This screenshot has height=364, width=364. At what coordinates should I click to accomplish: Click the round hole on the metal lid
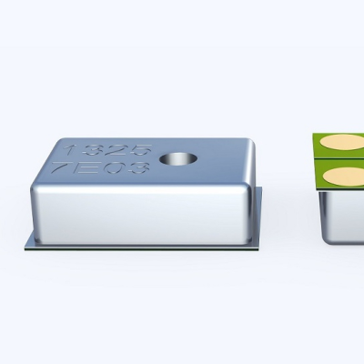pos(178,159)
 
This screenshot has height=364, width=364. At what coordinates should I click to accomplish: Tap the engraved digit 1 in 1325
pos(70,150)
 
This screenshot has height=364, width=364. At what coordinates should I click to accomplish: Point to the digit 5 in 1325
pos(140,150)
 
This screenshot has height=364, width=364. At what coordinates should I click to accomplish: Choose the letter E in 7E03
pos(84,167)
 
